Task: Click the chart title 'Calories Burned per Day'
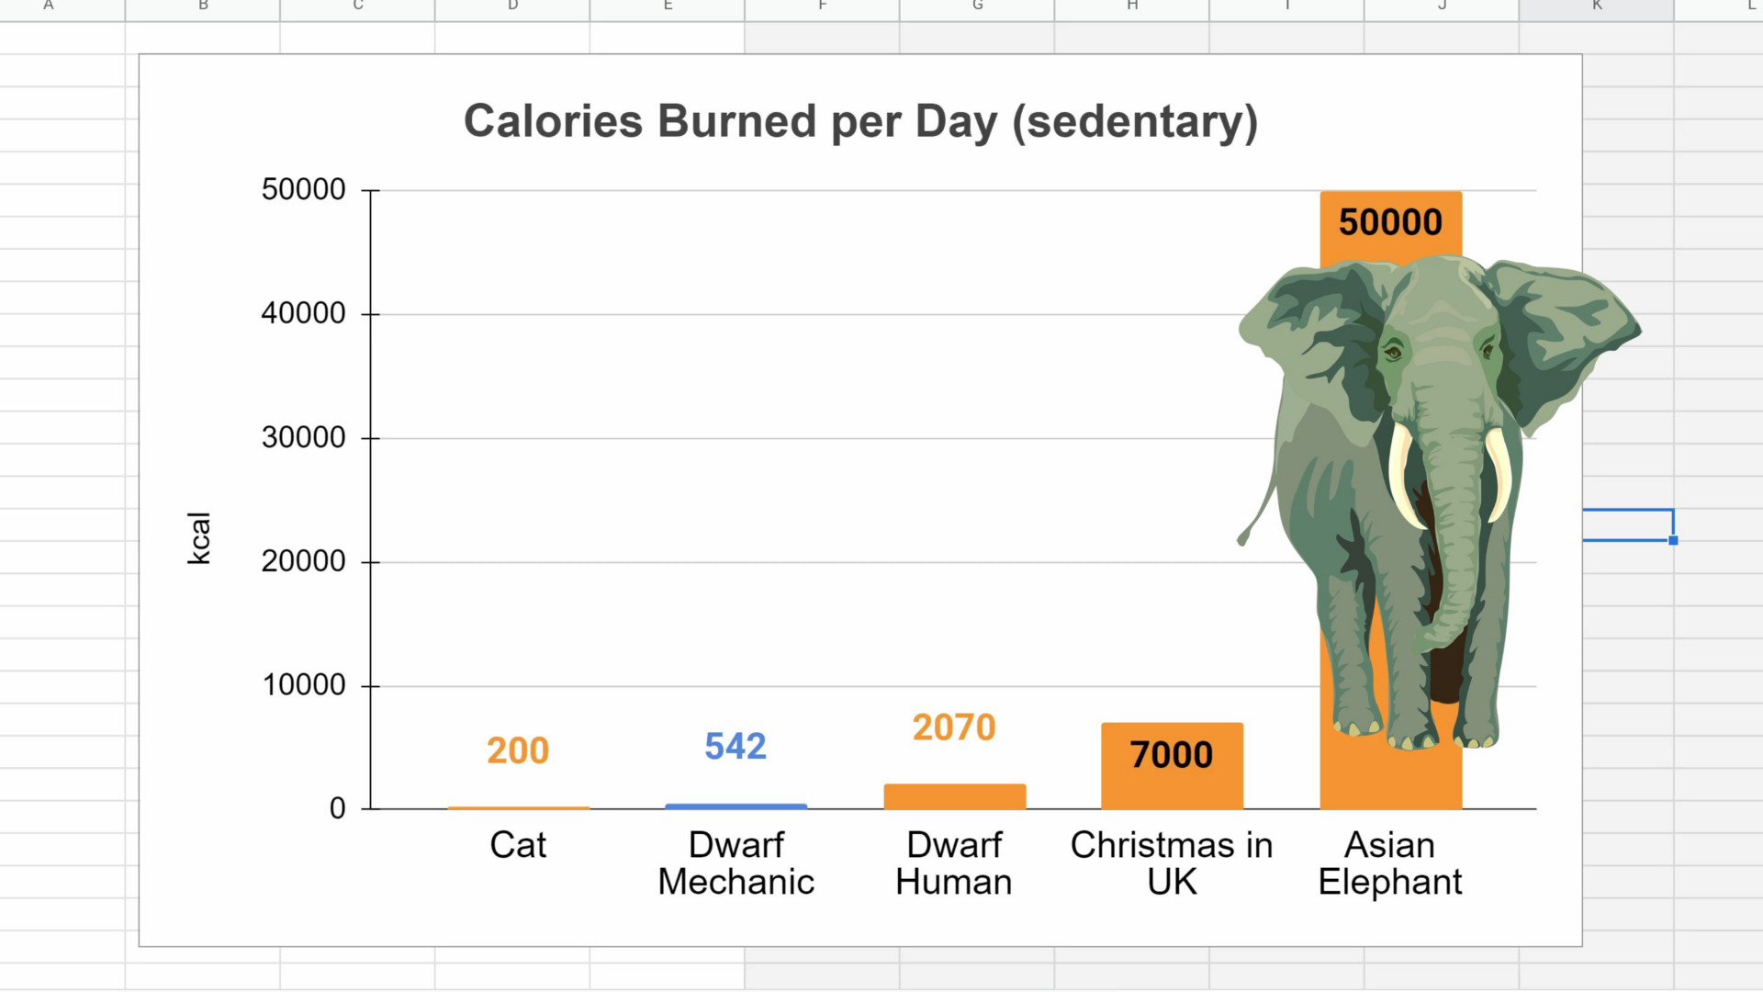(860, 121)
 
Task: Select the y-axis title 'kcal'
(198, 538)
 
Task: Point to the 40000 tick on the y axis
(303, 313)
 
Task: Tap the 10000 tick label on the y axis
(303, 685)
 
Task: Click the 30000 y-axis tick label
(303, 437)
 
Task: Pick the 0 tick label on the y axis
(337, 808)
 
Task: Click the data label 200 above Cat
(518, 750)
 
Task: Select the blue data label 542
(736, 746)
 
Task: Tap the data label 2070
(954, 727)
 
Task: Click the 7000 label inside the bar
(1172, 755)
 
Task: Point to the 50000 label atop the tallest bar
(1390, 222)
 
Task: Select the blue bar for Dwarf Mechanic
(736, 806)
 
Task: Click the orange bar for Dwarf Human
(954, 796)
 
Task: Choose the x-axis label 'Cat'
(518, 845)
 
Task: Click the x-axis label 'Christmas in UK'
(1172, 863)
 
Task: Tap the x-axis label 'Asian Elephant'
(1390, 863)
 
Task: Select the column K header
(1597, 7)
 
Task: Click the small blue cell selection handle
(1673, 541)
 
